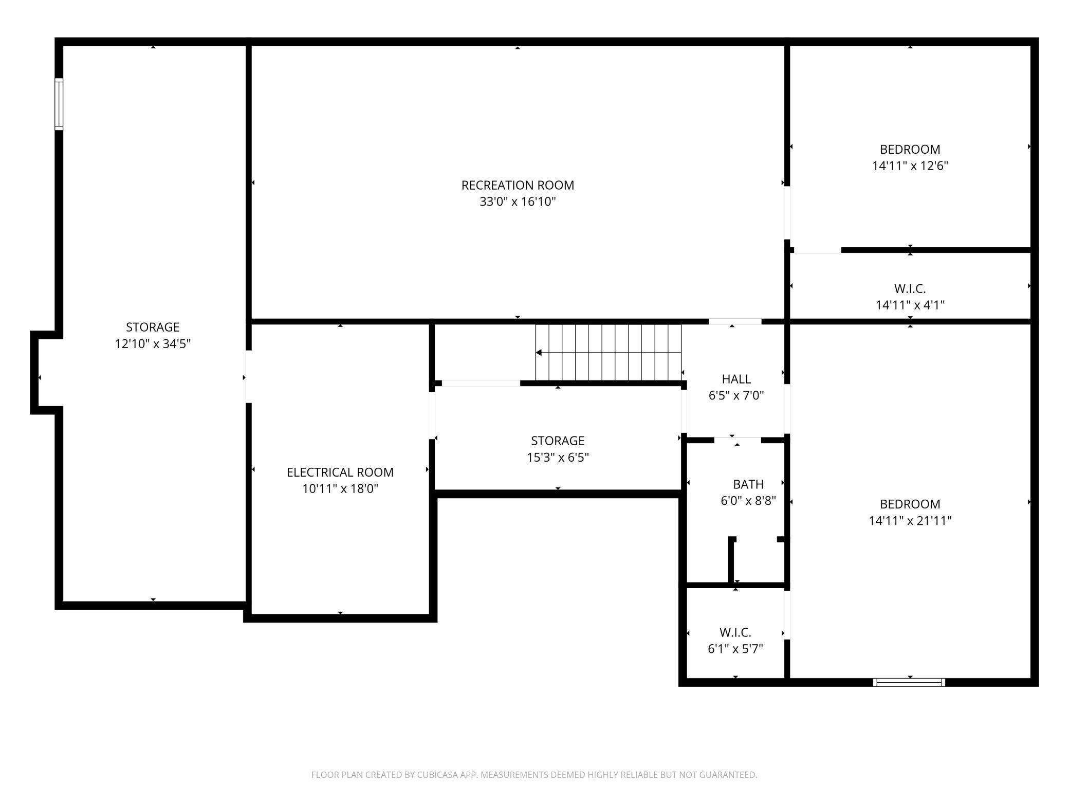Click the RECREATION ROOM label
pyautogui.click(x=518, y=185)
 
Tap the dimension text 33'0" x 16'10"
pyautogui.click(x=518, y=202)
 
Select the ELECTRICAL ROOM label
pyautogui.click(x=340, y=472)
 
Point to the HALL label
pyautogui.click(x=736, y=379)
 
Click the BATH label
pyautogui.click(x=748, y=484)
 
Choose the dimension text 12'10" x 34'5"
pyautogui.click(x=153, y=343)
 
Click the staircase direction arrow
pyautogui.click(x=539, y=353)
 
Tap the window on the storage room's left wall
pyautogui.click(x=59, y=104)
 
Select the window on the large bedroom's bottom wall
pyautogui.click(x=909, y=682)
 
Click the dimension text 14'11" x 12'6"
pyautogui.click(x=910, y=166)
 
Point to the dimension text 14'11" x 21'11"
pyautogui.click(x=910, y=521)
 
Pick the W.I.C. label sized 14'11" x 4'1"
pyautogui.click(x=910, y=288)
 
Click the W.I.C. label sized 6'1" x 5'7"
pyautogui.click(x=735, y=632)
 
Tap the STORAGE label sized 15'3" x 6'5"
pyautogui.click(x=558, y=441)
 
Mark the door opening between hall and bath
pyautogui.click(x=737, y=440)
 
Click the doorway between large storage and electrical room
pyautogui.click(x=249, y=376)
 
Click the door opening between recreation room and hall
pyautogui.click(x=735, y=321)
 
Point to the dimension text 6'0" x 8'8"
pyautogui.click(x=748, y=501)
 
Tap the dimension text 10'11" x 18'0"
pyautogui.click(x=340, y=488)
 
